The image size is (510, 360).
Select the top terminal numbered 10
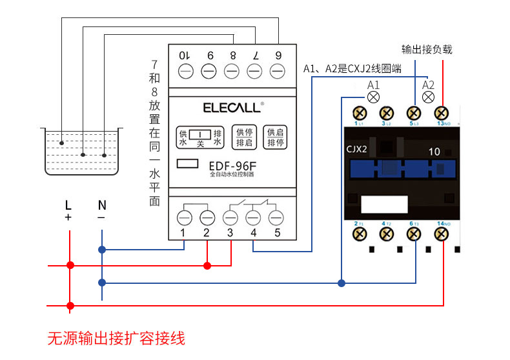point(185,70)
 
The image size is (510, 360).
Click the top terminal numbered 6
point(278,70)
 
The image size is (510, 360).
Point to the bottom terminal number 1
point(185,217)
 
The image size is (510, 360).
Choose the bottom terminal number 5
point(277,217)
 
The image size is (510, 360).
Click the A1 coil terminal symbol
point(373,97)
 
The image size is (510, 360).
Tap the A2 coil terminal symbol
point(427,97)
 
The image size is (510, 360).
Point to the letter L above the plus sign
point(68,206)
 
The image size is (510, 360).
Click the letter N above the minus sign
point(102,206)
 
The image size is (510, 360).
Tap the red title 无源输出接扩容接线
point(116,338)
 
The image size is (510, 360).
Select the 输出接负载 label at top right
point(427,49)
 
